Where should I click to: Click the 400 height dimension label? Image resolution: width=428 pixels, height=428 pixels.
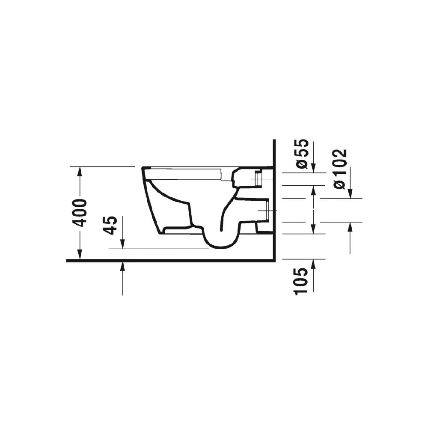[81, 213]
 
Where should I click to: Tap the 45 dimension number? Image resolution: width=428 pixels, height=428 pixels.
[111, 225]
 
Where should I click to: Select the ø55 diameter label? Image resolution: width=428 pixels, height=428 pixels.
[302, 154]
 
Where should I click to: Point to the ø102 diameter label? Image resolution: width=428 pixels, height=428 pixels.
[340, 169]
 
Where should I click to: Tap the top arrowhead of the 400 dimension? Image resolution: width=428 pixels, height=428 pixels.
[80, 171]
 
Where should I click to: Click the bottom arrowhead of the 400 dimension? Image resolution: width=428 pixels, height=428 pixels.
[80, 254]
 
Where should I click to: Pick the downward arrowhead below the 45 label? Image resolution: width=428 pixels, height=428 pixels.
[122, 244]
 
